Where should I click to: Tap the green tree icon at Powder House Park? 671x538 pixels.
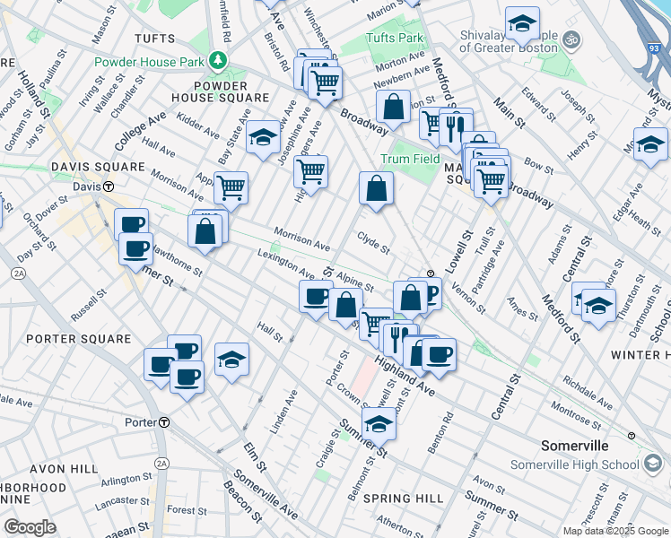tap(217, 61)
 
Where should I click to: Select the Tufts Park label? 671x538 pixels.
tap(395, 38)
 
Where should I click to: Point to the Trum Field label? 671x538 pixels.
tap(410, 159)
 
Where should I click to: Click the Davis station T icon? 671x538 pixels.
tap(109, 187)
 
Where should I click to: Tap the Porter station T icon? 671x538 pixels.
tap(164, 421)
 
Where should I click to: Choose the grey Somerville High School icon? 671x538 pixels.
tap(654, 464)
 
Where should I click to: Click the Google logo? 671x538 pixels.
tap(30, 527)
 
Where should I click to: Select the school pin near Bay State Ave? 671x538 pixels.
tap(263, 137)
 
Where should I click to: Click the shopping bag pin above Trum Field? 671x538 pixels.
tap(393, 107)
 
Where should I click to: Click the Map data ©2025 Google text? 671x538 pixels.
tap(614, 531)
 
